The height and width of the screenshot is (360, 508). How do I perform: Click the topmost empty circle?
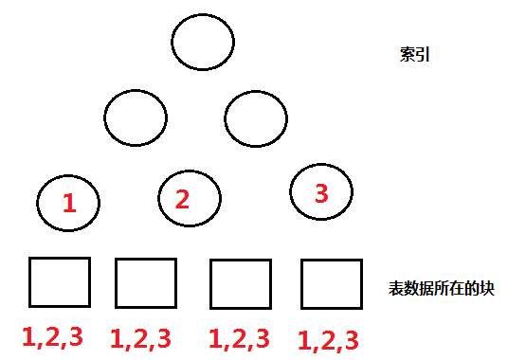pos(203,43)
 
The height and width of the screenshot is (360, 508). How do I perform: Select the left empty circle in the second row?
pos(136,119)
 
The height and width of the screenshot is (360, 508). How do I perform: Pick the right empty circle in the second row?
pos(255,119)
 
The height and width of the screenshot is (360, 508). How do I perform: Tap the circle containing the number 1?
pos(69,202)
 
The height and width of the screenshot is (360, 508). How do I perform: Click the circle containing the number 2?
pos(190,198)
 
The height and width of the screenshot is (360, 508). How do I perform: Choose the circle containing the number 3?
pos(321,193)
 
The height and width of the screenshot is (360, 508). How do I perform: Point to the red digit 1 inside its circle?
pos(68,202)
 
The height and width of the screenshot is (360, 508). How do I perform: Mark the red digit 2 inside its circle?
pos(183,199)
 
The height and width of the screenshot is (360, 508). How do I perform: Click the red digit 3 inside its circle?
pos(320,194)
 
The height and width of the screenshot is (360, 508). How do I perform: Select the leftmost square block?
pos(60,282)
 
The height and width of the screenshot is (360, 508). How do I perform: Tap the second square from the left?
pos(146,282)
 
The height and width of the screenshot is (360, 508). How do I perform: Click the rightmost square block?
pos(332,283)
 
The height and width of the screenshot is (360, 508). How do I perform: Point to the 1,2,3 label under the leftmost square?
pos(51,336)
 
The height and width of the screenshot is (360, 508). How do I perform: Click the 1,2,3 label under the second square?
pos(141,338)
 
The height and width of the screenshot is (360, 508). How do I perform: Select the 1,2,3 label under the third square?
pos(238,338)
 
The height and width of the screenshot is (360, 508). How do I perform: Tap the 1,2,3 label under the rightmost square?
pos(328,339)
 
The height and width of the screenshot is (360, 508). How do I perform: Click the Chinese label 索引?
pos(416,54)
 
